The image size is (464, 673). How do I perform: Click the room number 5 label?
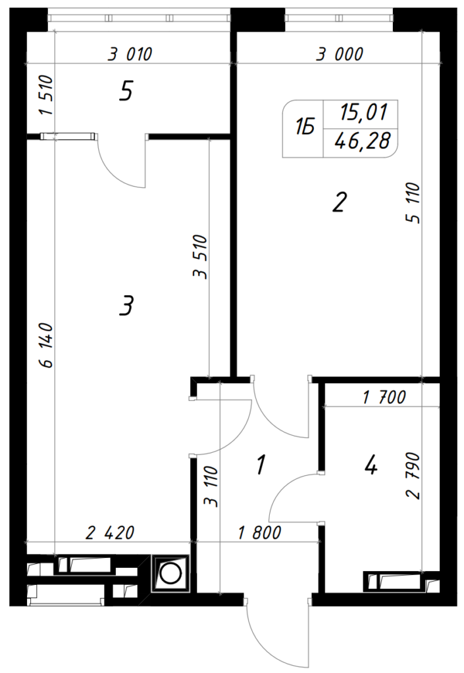pyautogui.click(x=126, y=92)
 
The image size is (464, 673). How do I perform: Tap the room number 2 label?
pyautogui.click(x=338, y=202)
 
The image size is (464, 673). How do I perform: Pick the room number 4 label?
pyautogui.click(x=371, y=465)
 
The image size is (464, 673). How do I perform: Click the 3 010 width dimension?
pyautogui.click(x=130, y=55)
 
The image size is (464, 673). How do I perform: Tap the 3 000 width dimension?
pyautogui.click(x=340, y=55)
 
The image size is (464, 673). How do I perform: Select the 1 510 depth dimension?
pyautogui.click(x=46, y=95)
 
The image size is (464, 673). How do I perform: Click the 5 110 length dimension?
pyautogui.click(x=411, y=202)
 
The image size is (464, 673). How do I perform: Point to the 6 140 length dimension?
pyautogui.click(x=46, y=345)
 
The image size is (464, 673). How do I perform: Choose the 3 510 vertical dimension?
pyautogui.click(x=200, y=257)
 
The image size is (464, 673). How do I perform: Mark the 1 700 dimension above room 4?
pyautogui.click(x=384, y=397)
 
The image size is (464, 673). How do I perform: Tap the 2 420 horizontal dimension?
pyautogui.click(x=110, y=532)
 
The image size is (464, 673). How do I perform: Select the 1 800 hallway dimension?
pyautogui.click(x=260, y=532)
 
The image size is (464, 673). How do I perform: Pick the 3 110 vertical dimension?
pyautogui.click(x=212, y=487)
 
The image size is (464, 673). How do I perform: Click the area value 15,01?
pyautogui.click(x=363, y=112)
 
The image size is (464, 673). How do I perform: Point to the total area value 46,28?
pyautogui.click(x=363, y=141)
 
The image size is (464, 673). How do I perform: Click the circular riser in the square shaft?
pyautogui.click(x=170, y=573)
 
